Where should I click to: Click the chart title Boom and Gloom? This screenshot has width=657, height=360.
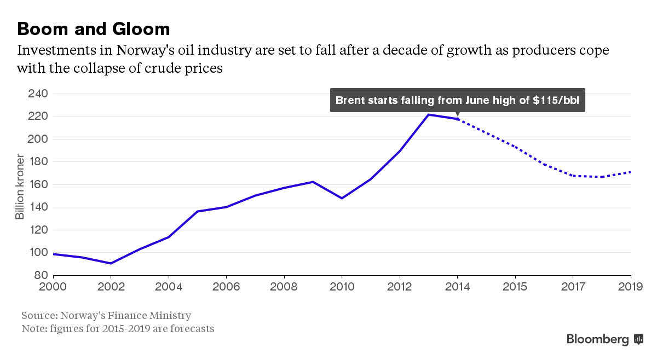click(94, 28)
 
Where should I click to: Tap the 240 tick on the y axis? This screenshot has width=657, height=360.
click(37, 94)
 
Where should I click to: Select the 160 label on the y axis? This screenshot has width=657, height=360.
click(37, 184)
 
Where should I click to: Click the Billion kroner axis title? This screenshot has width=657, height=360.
click(20, 187)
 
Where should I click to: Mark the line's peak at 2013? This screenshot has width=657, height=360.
click(429, 115)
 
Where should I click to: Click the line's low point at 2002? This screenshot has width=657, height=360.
click(111, 263)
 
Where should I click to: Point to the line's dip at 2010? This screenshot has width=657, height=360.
click(342, 198)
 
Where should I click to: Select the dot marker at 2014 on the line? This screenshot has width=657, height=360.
click(458, 119)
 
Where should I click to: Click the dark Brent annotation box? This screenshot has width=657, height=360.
click(457, 100)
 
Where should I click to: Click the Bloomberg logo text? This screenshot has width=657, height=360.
click(597, 339)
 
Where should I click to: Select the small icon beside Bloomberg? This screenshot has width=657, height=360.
click(638, 339)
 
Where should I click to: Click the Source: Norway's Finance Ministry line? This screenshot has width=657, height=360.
click(106, 316)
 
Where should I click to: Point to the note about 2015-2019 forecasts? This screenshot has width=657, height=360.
click(118, 329)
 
